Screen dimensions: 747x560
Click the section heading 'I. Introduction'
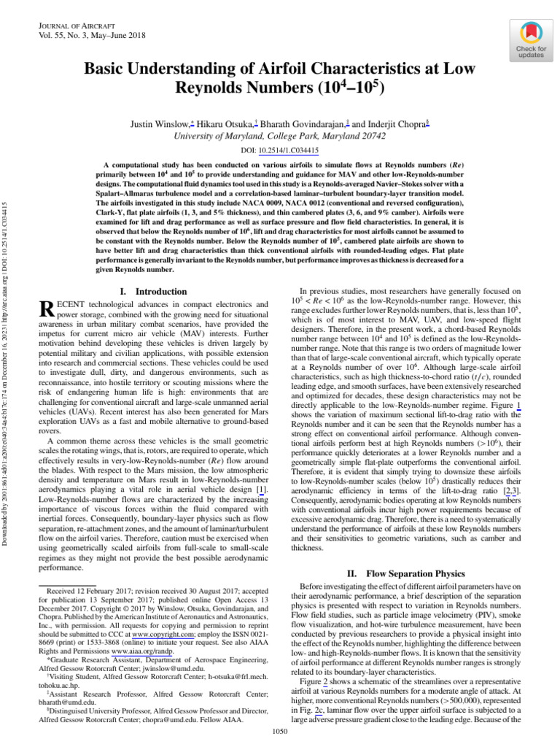pyautogui.click(x=152, y=291)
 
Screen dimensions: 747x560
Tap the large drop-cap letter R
pyautogui.click(x=45, y=309)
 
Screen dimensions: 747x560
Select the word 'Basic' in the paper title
pyautogui.click(x=107, y=70)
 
